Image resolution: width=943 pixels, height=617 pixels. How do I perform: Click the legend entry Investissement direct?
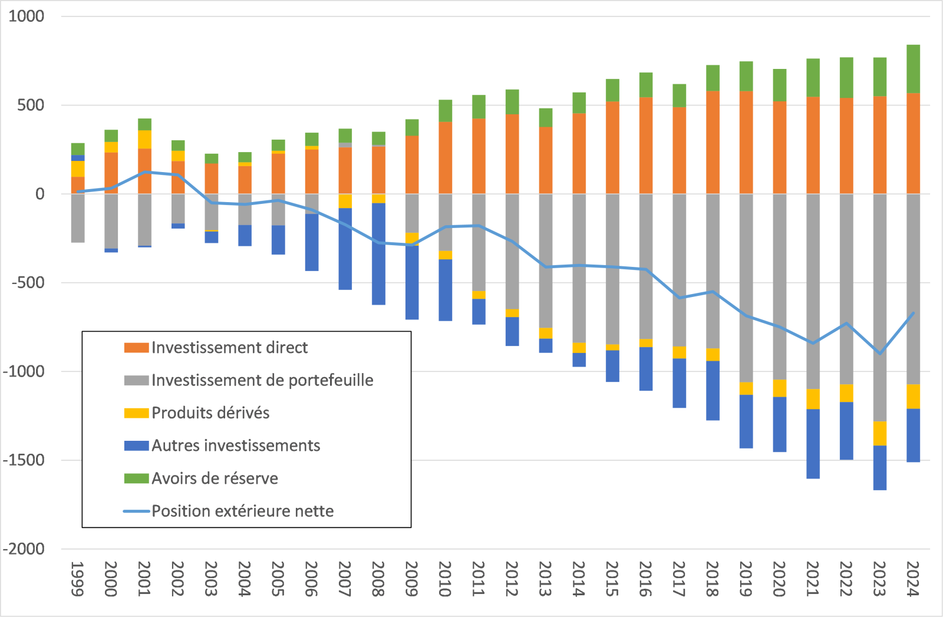point(229,348)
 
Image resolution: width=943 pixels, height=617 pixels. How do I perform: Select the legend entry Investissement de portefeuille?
point(262,380)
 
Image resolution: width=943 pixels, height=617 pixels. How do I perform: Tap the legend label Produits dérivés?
point(210,413)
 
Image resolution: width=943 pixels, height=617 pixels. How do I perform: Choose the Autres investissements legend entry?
point(236,446)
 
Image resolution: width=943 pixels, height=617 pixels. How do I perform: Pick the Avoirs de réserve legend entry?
point(215,478)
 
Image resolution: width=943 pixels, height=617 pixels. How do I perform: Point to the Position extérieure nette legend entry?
point(242,511)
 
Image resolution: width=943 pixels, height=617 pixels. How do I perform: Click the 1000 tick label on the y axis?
point(27,17)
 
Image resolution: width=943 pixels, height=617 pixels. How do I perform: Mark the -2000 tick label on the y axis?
point(24,549)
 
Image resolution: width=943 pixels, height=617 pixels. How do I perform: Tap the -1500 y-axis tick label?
point(24,460)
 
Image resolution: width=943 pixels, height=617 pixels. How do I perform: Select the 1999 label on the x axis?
point(78,579)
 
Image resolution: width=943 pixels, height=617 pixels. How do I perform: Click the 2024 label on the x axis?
point(913,579)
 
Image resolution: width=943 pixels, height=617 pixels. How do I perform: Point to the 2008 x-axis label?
point(378,579)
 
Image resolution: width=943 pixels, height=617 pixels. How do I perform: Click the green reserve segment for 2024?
point(913,68)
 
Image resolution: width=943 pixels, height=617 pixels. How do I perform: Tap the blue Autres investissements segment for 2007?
point(345,249)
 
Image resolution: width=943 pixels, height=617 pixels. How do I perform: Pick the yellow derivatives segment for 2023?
point(880,433)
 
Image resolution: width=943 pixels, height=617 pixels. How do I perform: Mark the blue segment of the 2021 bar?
point(813,443)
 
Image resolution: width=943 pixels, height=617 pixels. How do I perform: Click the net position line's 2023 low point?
point(880,354)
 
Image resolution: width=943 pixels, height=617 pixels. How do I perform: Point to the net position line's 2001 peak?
point(145,172)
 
